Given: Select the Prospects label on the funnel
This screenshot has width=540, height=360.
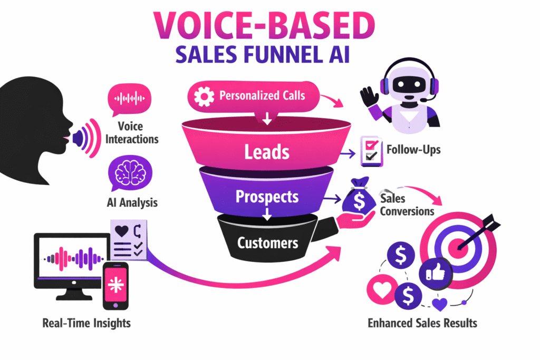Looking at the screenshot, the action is pyautogui.click(x=267, y=197).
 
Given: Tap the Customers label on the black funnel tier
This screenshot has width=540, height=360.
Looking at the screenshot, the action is pyautogui.click(x=267, y=243).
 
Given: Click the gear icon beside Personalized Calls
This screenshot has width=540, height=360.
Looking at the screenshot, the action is pyautogui.click(x=204, y=97).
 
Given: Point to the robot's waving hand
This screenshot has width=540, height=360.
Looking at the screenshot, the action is pyautogui.click(x=369, y=98).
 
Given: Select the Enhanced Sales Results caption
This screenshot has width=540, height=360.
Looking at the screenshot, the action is pyautogui.click(x=421, y=323).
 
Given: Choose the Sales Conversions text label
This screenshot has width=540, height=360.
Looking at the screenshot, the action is pyautogui.click(x=407, y=205).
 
